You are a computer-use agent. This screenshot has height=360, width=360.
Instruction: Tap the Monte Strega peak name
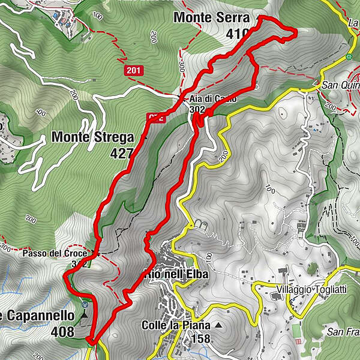tap(92, 137)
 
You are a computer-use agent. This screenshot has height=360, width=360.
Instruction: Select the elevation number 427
tap(122, 154)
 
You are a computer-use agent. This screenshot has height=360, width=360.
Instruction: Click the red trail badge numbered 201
tap(134, 71)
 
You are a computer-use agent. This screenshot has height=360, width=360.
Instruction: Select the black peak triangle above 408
tap(85, 313)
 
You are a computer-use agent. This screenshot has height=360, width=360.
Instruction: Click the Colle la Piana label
tap(176, 325)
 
